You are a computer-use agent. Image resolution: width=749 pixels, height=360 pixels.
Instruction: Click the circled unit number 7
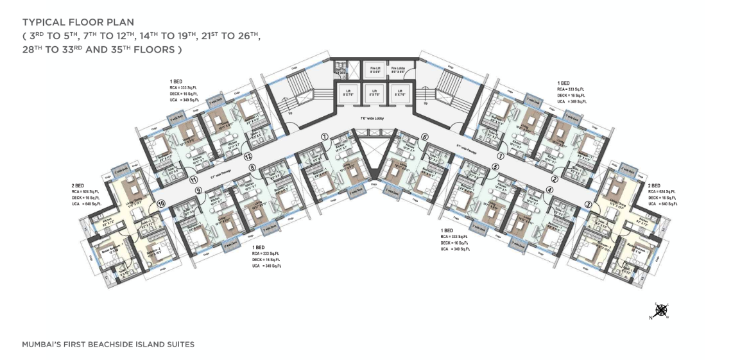pos(325,137)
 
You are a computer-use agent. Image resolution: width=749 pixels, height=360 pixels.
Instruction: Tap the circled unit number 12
pos(247,156)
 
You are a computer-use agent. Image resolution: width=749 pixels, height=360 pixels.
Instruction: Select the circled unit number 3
pos(588,205)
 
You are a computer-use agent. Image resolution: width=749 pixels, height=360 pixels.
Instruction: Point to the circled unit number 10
pos(160,203)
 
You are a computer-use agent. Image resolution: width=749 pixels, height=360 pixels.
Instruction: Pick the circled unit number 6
pos(425,137)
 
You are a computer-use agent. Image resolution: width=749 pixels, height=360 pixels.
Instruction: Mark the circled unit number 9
pos(199,190)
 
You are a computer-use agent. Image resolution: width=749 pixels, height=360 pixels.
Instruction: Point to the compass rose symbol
pos(659,311)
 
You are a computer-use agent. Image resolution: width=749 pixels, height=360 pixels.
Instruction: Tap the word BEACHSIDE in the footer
pos(115,345)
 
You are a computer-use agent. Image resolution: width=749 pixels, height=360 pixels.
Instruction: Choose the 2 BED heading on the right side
pos(655,185)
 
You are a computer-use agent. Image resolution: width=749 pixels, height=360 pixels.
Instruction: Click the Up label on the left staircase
pos(290,112)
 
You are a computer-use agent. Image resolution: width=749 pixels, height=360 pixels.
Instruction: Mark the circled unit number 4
pos(549,189)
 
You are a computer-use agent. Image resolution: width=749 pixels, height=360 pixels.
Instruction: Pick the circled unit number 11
pos(192,181)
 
